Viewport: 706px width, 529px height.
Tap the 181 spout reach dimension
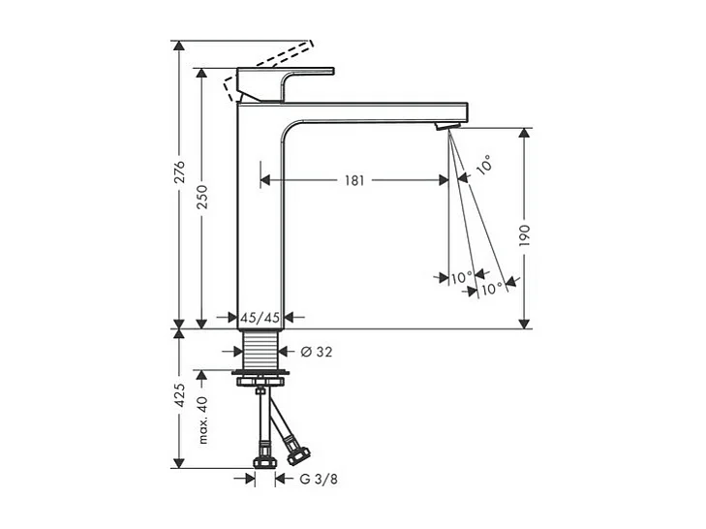click(x=354, y=180)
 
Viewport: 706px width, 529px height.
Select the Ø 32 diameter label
click(x=317, y=352)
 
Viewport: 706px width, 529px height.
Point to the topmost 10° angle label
click(x=482, y=166)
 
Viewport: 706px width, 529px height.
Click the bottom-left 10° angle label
click(x=462, y=277)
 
